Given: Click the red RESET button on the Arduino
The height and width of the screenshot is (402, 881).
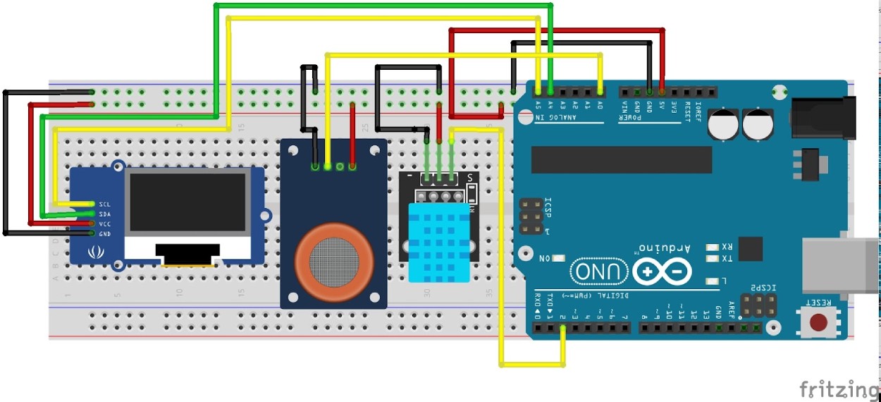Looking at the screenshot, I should [x=818, y=322].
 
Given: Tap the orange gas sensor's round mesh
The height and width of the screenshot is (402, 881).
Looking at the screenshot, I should [x=333, y=259].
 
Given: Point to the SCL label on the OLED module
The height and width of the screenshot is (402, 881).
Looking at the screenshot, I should [x=104, y=204].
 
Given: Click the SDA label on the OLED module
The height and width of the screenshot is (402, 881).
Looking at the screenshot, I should [x=104, y=214].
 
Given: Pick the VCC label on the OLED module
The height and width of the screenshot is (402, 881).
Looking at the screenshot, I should [x=104, y=224].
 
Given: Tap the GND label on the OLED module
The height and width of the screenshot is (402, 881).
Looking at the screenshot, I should [x=104, y=233].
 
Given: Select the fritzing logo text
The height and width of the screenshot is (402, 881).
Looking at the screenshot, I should [x=839, y=389].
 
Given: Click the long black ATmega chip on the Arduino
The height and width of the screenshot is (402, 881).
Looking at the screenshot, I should [x=622, y=159].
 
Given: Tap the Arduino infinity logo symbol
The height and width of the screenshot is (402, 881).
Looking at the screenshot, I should [x=662, y=272].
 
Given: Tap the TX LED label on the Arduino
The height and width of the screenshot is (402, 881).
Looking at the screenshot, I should [x=727, y=259].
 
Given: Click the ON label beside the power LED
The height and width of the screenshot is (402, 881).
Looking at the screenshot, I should [x=544, y=258].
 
